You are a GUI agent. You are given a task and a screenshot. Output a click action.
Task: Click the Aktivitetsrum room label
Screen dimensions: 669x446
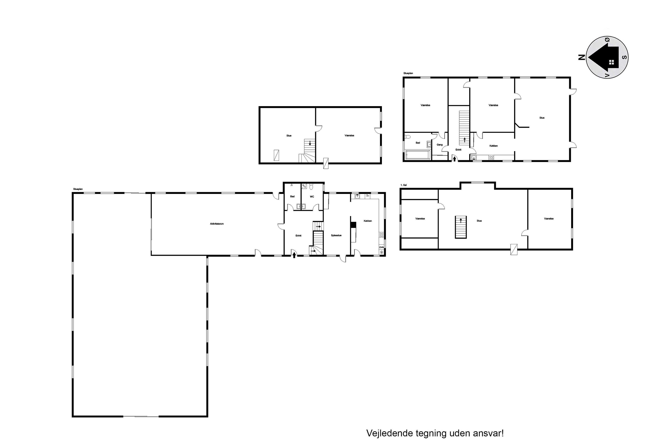217,224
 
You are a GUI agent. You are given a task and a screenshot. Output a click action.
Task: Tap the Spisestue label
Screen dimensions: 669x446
336,235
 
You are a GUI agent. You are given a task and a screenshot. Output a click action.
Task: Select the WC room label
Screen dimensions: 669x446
312,197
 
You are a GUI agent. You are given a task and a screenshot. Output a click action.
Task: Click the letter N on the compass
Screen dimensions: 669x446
582,57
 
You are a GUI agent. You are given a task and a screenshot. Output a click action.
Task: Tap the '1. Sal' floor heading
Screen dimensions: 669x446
404,185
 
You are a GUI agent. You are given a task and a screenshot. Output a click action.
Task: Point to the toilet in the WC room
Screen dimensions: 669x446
311,187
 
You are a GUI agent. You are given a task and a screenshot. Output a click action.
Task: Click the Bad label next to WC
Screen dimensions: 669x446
292,197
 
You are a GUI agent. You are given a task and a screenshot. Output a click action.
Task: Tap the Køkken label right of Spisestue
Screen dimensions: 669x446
368,221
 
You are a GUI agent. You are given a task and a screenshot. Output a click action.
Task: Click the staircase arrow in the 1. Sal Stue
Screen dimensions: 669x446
461,220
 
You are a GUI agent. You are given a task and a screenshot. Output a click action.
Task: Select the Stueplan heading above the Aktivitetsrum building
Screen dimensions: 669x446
78,189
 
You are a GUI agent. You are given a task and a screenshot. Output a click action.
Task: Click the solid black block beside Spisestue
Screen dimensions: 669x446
353,225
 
